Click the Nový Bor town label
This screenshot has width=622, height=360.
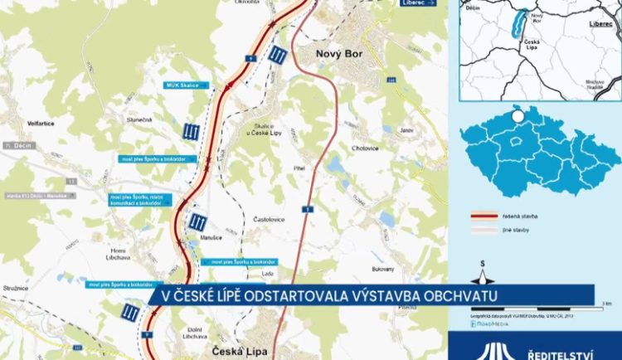pos(340,54)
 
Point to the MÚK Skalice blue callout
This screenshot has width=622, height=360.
pos(182,85)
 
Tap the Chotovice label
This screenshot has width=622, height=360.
pos(364,148)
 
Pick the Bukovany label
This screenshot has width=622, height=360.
pos(382,269)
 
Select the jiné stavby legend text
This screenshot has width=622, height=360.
pos(514,230)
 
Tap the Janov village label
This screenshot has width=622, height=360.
pos(406,130)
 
